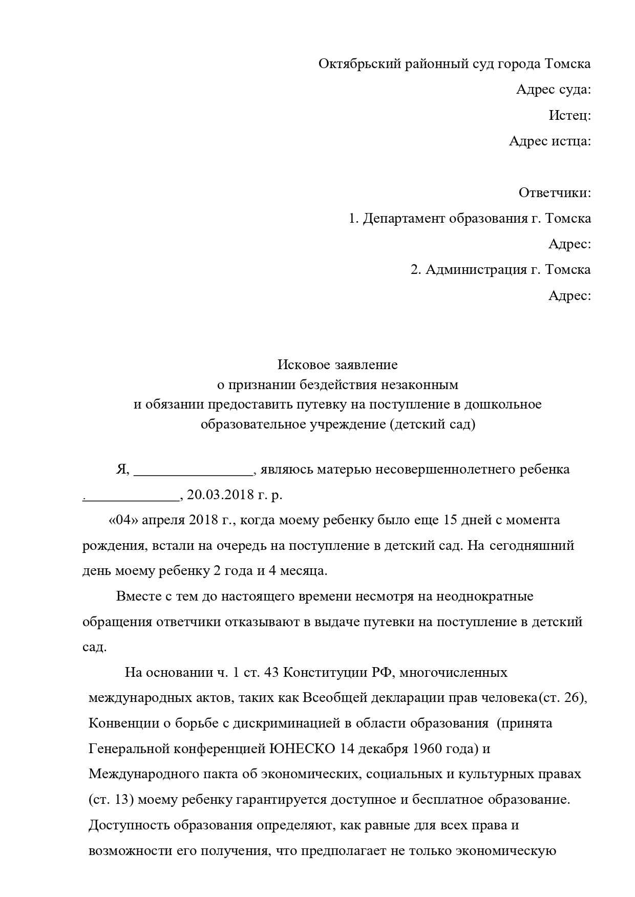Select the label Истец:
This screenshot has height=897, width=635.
pos(570,116)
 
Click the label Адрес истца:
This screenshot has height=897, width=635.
pos(550,141)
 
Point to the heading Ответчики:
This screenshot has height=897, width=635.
pos(555,193)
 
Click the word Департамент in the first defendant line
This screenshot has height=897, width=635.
pos(404,219)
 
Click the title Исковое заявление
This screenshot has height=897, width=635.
pos(337,365)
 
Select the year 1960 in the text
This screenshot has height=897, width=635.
pos(426,749)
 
